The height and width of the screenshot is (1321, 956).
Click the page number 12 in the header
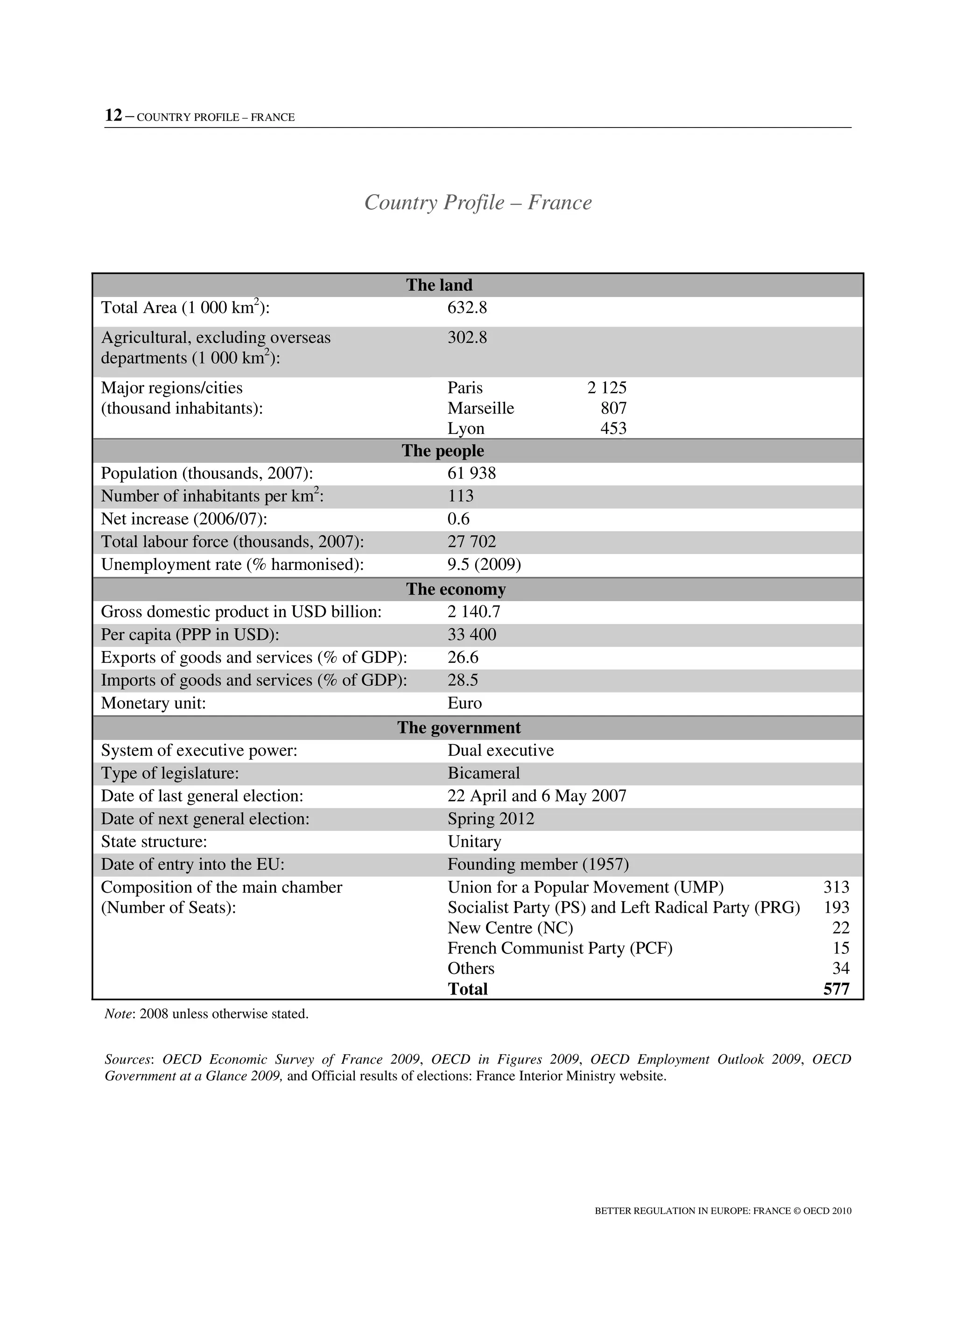(113, 115)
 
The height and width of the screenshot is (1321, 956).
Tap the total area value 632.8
(467, 307)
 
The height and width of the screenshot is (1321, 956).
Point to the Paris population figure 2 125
(607, 388)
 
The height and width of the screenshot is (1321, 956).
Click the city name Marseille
(480, 408)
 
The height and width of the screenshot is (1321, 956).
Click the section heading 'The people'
(443, 451)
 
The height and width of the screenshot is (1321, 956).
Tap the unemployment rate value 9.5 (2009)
(484, 564)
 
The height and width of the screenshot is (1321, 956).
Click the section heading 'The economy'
(456, 589)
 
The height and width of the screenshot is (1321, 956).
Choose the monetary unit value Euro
(464, 703)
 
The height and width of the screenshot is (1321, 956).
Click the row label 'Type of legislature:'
(170, 773)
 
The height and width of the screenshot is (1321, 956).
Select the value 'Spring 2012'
(490, 819)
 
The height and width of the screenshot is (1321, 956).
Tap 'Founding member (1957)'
(538, 864)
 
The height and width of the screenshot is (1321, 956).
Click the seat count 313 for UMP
(836, 887)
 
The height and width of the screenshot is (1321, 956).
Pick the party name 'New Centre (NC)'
(510, 928)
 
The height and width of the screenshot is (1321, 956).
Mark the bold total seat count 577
(836, 989)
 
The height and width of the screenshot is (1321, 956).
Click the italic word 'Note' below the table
(118, 1014)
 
